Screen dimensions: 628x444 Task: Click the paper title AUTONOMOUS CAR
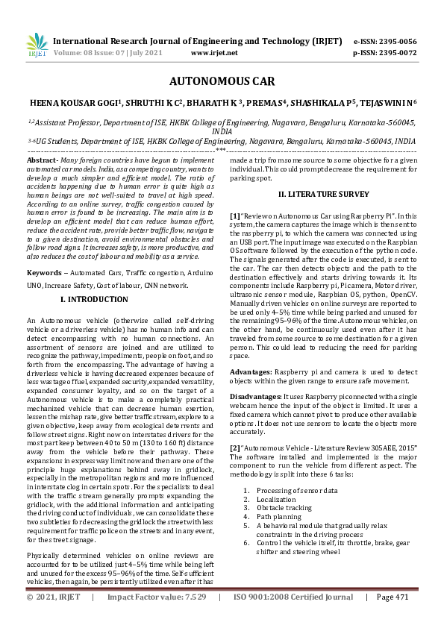(x=222, y=82)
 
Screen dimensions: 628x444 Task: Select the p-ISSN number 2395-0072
(x=395, y=53)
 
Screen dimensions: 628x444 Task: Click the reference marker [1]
(x=235, y=215)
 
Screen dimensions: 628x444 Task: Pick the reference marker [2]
(x=235, y=447)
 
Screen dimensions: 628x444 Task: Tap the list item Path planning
(x=278, y=517)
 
